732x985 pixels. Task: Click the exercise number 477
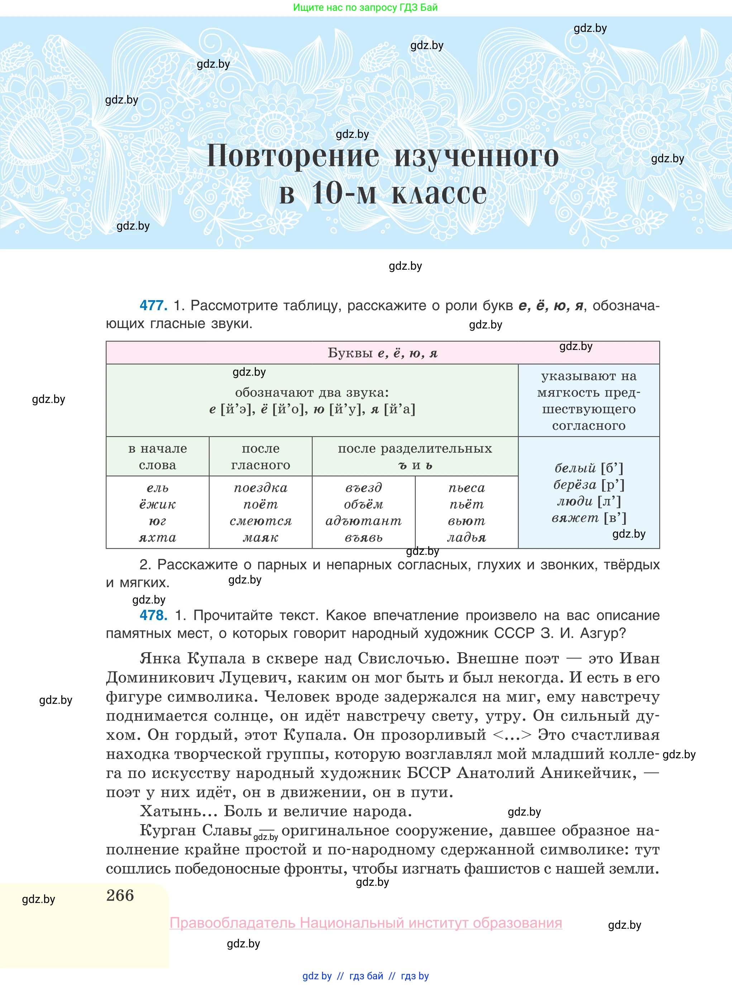point(153,306)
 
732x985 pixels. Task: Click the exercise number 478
point(153,615)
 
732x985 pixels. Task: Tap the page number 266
point(120,895)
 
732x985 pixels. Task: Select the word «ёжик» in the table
point(157,504)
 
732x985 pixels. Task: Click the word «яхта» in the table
point(157,538)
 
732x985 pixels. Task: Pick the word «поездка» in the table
point(260,488)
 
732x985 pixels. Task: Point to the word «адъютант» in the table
point(363,521)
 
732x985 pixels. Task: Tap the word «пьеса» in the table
point(467,488)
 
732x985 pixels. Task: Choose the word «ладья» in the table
point(467,538)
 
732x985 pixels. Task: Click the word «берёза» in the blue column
point(575,485)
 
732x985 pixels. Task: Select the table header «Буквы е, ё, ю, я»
point(382,353)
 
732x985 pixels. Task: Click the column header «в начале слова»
point(157,457)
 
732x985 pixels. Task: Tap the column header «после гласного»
point(260,457)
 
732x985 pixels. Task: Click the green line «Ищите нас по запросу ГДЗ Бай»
point(365,8)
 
